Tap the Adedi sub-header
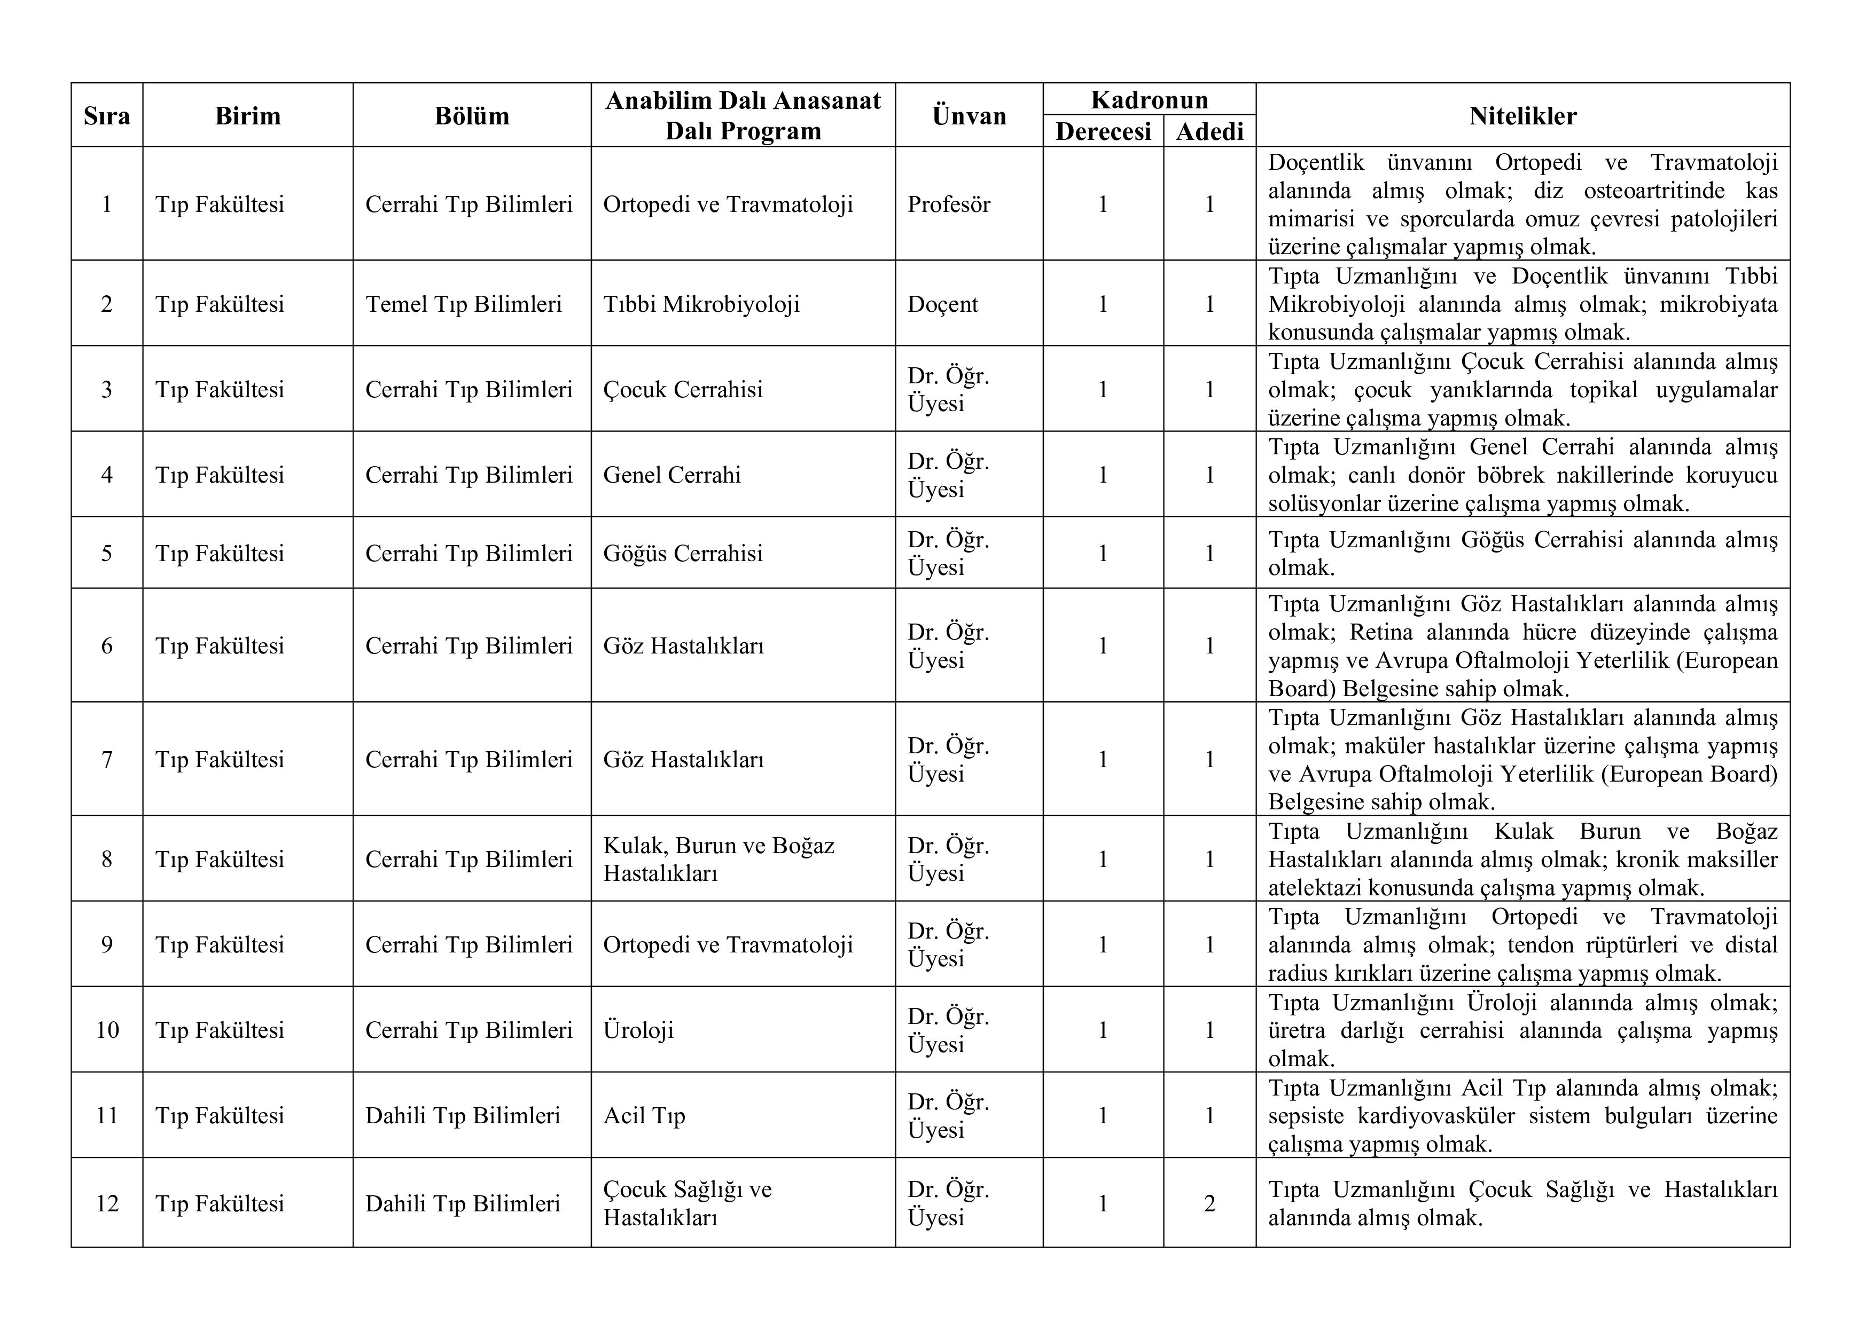pos(1209,131)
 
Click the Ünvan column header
pos(969,116)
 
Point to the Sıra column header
pos(107,116)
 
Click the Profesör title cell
pos(948,204)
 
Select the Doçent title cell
pos(943,304)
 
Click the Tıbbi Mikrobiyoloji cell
pos(701,304)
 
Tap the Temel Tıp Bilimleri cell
pos(464,304)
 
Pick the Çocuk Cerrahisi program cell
pos(682,389)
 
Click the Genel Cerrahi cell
pos(671,475)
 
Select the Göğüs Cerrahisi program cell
pos(682,553)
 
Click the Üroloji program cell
pos(638,1030)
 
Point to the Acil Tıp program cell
pos(644,1115)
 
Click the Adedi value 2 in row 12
pos(1209,1203)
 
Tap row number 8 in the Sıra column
pos(107,859)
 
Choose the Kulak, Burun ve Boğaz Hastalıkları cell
pos(719,859)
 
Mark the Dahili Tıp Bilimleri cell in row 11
pos(463,1115)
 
